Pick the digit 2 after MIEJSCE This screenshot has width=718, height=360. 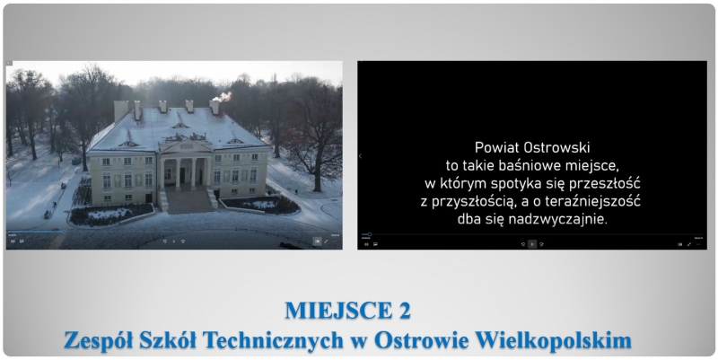click(x=405, y=311)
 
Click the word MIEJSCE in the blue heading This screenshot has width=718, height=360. click(x=338, y=311)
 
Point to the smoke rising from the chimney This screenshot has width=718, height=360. click(x=223, y=97)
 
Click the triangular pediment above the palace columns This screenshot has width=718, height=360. click(x=186, y=146)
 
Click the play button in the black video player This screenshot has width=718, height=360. click(x=532, y=244)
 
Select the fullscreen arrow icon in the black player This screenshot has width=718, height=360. click(x=689, y=244)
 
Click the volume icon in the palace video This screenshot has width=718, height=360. click(x=13, y=241)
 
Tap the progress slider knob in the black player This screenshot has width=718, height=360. click(x=370, y=234)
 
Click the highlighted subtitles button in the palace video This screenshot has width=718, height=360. click(x=317, y=241)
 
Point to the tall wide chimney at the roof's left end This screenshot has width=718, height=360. click(x=121, y=110)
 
